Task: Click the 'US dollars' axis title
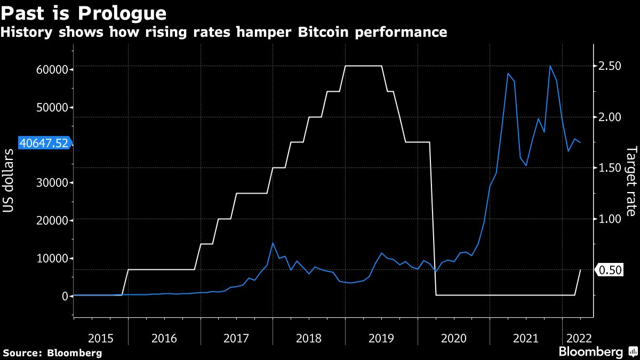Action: coord(9,181)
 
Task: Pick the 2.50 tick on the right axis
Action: coord(610,66)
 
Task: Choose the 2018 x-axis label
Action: coord(308,338)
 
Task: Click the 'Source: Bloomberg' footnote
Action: coord(52,353)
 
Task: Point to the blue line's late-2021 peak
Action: coord(550,66)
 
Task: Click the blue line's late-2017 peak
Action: coord(273,243)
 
